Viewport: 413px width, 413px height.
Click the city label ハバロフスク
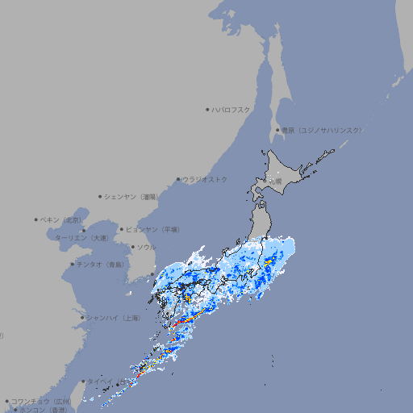coord(232,109)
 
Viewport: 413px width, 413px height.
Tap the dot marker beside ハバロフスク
coord(207,109)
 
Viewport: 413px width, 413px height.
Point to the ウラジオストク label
coord(205,179)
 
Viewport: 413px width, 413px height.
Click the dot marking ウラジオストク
coord(178,179)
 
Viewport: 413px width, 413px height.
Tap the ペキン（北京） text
coord(62,219)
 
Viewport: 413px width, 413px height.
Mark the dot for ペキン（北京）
coord(36,219)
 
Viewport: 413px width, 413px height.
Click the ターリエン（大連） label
coord(81,238)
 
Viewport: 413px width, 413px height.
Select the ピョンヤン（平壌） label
coord(153,229)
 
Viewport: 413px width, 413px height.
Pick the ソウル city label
coord(146,247)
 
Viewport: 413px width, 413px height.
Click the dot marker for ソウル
coord(131,247)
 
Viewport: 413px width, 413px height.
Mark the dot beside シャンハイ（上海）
coord(82,318)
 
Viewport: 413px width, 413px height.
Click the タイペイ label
coord(100,381)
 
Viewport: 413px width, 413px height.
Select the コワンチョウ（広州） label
coord(41,401)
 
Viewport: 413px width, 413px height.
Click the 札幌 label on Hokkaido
coord(276,181)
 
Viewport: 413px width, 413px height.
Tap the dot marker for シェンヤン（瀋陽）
coord(100,196)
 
